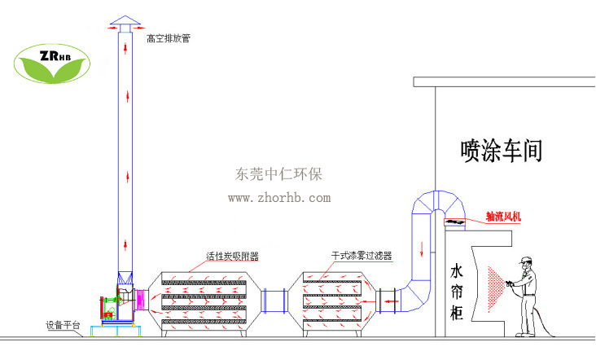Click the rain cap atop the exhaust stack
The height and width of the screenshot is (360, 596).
[x=125, y=20]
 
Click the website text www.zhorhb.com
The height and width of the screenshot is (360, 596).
[x=278, y=197]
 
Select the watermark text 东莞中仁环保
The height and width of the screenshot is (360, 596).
[x=278, y=173]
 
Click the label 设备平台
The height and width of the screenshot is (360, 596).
[x=63, y=326]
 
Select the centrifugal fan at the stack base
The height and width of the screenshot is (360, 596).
[x=114, y=305]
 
